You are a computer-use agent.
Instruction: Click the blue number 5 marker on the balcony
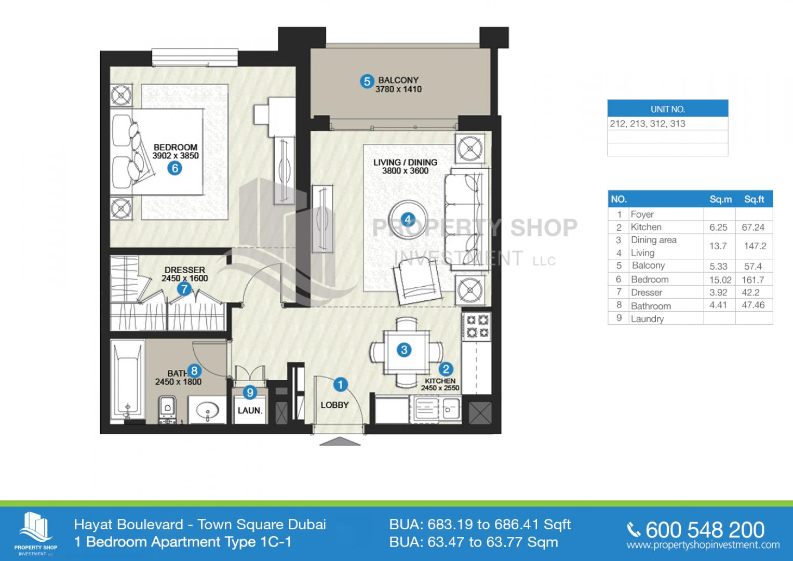click(367, 82)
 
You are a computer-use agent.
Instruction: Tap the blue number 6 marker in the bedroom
click(175, 168)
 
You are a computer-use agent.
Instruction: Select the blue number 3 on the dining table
click(404, 350)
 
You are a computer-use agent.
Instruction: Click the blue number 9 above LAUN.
click(250, 392)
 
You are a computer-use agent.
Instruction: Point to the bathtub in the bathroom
click(127, 381)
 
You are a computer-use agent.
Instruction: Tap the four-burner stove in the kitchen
click(477, 326)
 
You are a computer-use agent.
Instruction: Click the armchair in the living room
click(417, 280)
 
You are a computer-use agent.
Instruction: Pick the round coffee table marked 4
click(408, 220)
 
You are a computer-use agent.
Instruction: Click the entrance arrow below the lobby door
click(340, 441)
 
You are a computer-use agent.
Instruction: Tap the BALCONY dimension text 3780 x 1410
click(398, 89)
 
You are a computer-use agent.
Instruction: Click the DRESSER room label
click(185, 270)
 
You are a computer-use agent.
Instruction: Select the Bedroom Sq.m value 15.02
click(720, 280)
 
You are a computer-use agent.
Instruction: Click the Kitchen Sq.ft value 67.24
click(753, 228)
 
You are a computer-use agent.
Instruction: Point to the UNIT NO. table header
click(668, 109)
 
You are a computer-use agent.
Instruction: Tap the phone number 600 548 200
click(705, 530)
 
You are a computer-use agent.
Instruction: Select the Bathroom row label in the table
click(651, 306)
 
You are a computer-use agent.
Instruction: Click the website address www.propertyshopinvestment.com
click(703, 545)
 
